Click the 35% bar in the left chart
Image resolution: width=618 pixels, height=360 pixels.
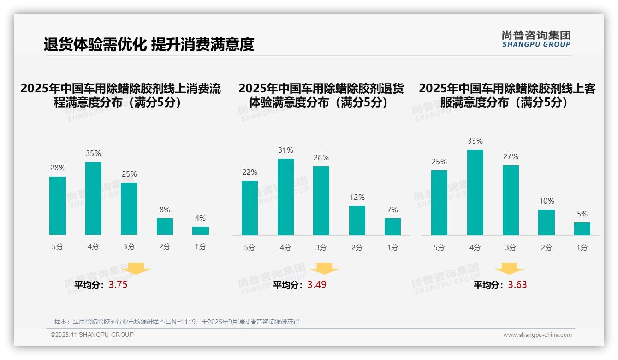pos(94,198)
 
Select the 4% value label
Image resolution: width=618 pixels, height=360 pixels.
pos(200,218)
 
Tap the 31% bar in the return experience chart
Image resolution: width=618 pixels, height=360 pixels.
pos(285,197)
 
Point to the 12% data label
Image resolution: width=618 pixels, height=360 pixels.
pos(357,198)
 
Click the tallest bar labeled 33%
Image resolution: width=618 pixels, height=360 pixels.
pos(475,192)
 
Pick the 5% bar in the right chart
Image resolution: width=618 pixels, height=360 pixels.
pos(582,229)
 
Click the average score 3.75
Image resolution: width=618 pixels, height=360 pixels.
pos(118,285)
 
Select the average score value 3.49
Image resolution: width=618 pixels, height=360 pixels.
pos(317,285)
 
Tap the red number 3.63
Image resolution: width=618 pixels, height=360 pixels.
pos(517,285)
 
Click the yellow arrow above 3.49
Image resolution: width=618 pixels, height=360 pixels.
pos(325,269)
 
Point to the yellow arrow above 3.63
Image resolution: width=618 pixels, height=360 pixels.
pos(509,269)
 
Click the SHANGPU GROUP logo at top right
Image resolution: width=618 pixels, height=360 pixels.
pos(536,39)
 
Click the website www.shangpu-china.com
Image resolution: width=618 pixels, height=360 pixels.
pos(537,335)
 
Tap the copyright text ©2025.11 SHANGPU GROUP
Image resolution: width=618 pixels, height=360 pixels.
pos(92,335)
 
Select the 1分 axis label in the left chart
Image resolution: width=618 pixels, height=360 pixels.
pos(200,247)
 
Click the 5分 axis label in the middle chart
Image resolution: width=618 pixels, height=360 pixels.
pos(250,248)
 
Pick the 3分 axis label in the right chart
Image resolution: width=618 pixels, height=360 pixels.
pos(511,248)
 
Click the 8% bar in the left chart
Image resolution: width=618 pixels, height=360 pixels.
pos(165,227)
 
